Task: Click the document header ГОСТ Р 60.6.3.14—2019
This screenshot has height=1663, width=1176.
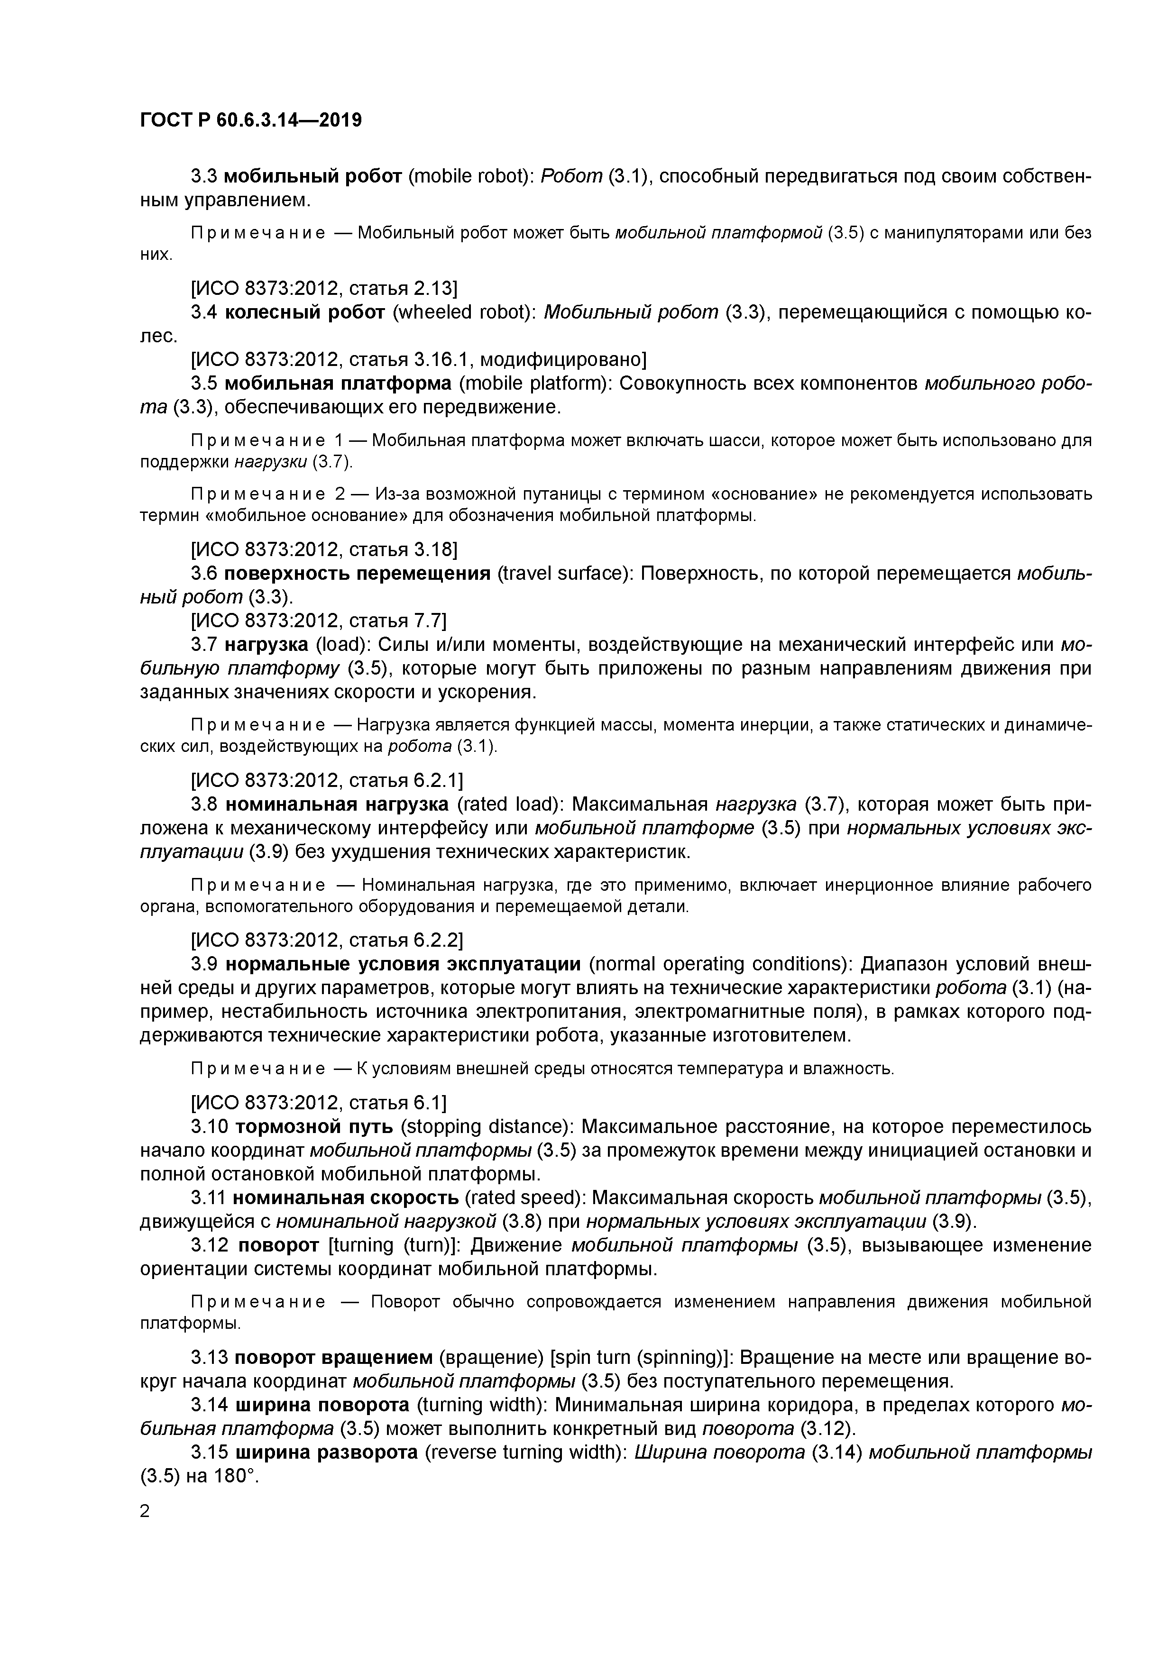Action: [x=251, y=120]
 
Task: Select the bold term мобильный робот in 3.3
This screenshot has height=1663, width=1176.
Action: [x=313, y=176]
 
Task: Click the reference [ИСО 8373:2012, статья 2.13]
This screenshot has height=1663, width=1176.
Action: [x=324, y=288]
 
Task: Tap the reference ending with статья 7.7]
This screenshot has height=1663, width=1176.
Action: [x=319, y=621]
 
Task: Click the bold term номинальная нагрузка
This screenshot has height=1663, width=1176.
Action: [x=337, y=804]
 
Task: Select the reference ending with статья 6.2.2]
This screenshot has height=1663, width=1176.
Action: [x=327, y=940]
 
